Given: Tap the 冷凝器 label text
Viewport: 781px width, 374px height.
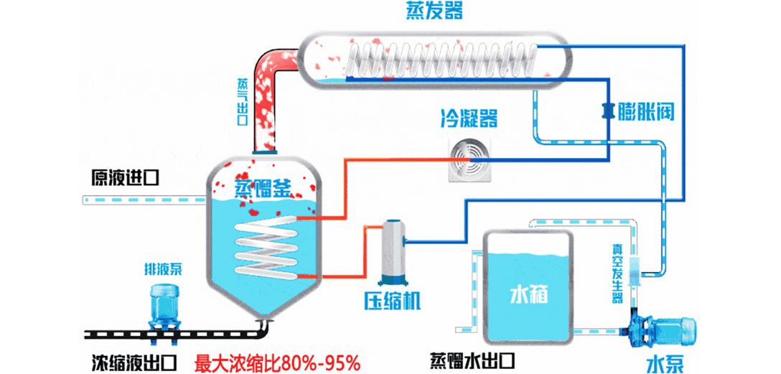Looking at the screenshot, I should [469, 118].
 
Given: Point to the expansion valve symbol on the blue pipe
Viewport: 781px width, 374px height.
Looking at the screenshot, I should [607, 110].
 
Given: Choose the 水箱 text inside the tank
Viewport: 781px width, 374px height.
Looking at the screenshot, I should [529, 294].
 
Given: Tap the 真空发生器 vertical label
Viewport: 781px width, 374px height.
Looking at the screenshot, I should [617, 272].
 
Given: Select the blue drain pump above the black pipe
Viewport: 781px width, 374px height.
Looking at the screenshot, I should [167, 307].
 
